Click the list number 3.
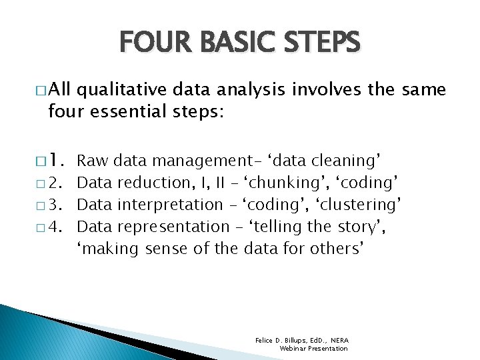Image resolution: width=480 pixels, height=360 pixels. [x=63, y=205]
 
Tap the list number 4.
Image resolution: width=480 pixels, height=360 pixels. [x=63, y=227]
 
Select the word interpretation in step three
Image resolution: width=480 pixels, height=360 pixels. [x=169, y=205]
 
